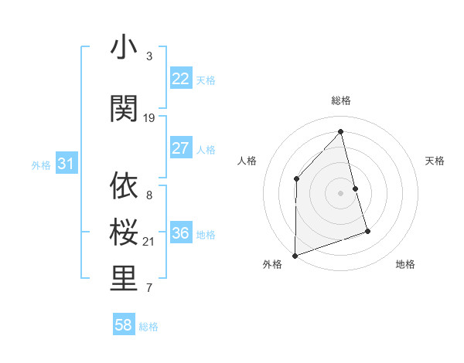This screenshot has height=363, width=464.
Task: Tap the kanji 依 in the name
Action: point(124,186)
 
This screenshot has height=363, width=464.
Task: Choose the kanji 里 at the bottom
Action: point(124,280)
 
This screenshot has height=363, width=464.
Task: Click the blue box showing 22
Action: point(180,79)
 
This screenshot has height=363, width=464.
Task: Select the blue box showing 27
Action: point(180,148)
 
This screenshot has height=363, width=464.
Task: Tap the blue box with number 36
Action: point(180,234)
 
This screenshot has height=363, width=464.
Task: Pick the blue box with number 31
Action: point(65,164)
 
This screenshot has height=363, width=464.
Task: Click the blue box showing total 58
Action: point(124,326)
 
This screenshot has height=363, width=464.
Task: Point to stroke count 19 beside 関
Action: point(149,117)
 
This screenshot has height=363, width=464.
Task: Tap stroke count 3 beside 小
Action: point(149,56)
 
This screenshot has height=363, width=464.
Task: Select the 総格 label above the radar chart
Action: point(341,100)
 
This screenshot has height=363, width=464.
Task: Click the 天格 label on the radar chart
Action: point(435,161)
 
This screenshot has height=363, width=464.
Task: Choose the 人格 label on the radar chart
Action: point(247,161)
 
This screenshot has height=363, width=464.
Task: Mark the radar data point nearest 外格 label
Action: point(295,255)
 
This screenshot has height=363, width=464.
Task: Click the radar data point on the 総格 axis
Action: point(341,131)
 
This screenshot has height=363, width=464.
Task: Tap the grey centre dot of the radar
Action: point(341,192)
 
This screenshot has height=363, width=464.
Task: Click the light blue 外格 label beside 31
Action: point(40,165)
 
